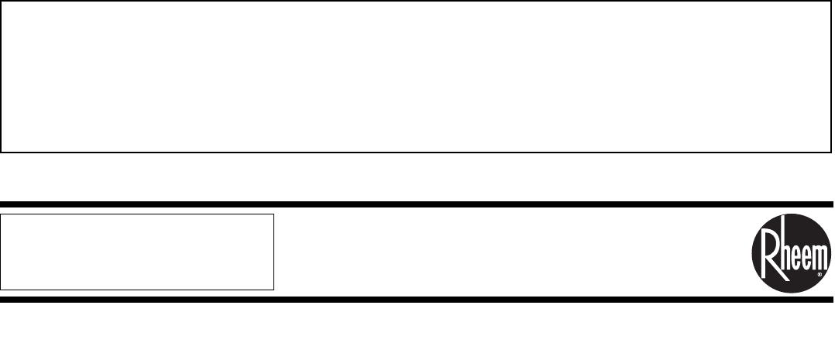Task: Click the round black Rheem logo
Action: click(791, 252)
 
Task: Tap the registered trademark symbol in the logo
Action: click(819, 273)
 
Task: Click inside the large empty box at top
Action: click(411, 76)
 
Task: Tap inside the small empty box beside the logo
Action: click(137, 252)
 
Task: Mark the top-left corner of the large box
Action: click(2, 2)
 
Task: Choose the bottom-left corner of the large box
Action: click(2, 151)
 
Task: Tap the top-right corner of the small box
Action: click(274, 214)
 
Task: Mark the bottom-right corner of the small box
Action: click(274, 289)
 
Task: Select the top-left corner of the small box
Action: click(1, 214)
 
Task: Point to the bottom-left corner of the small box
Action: click(1, 289)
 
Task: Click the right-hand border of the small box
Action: click(274, 252)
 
